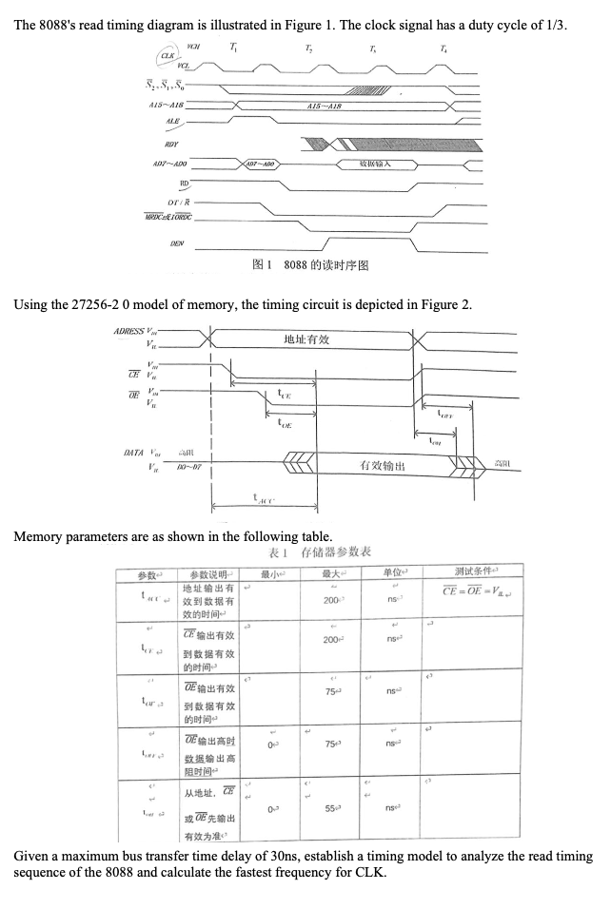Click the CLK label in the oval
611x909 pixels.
[168, 55]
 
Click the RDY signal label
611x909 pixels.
[173, 144]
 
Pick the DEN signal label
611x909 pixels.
[176, 243]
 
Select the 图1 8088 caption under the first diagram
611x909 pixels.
[309, 265]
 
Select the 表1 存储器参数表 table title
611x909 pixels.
[321, 553]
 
